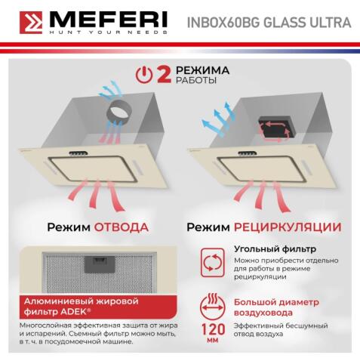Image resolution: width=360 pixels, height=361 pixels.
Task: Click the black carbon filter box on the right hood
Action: point(276,126)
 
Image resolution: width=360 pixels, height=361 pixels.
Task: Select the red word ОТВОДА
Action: point(121,227)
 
